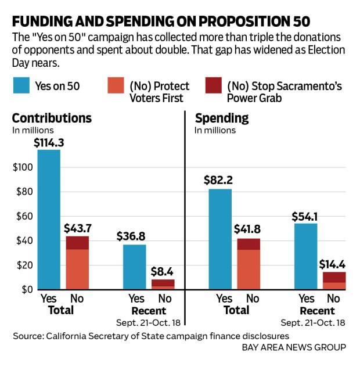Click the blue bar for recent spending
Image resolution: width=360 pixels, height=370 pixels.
pyautogui.click(x=305, y=256)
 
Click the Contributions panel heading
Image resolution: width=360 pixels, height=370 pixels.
pyautogui.click(x=52, y=118)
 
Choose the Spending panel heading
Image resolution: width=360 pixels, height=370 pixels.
pyautogui.click(x=222, y=118)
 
